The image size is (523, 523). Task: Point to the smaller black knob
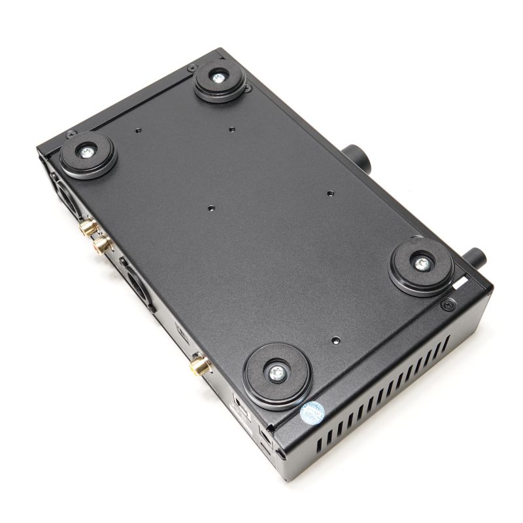(x=474, y=255)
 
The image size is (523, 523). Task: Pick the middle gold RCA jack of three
(x=101, y=245)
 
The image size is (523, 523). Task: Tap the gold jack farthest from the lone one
(x=88, y=228)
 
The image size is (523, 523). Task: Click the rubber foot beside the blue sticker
(x=276, y=374)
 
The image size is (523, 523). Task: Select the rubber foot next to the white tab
(x=422, y=265)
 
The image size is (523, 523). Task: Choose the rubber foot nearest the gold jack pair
(x=88, y=154)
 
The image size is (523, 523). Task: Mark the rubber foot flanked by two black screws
(x=219, y=80)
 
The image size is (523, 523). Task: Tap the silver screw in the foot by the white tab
(x=422, y=264)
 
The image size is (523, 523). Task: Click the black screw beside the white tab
(x=448, y=304)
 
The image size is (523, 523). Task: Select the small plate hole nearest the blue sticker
(x=335, y=341)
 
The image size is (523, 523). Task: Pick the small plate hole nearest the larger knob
(x=330, y=194)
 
